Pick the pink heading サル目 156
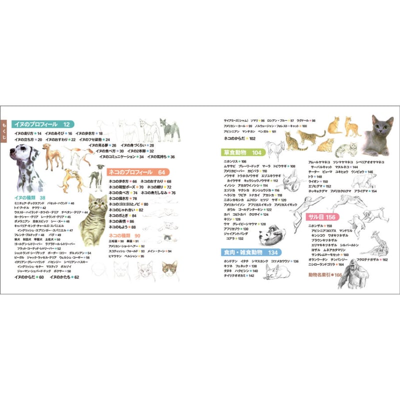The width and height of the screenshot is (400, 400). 322,217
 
